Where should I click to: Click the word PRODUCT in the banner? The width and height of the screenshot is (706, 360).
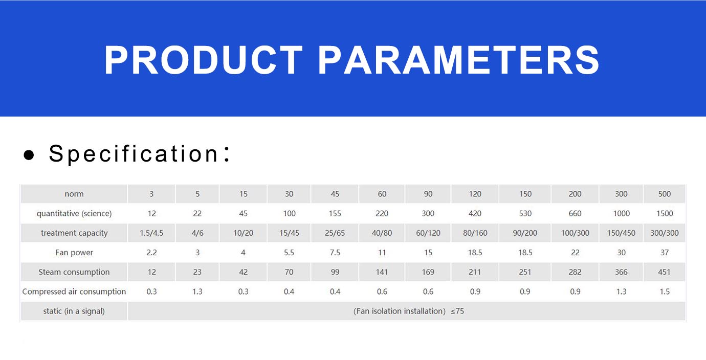point(203,60)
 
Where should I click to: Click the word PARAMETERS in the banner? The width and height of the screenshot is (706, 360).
point(458,60)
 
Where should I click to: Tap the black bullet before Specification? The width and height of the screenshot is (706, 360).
point(29,154)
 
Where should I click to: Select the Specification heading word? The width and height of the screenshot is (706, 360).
point(134,154)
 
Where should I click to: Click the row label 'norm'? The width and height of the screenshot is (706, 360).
point(74,194)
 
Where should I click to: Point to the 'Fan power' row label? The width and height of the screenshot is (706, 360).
point(74,253)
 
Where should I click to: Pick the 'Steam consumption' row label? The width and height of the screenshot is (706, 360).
point(74,272)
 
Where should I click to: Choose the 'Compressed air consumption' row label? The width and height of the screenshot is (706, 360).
point(74,291)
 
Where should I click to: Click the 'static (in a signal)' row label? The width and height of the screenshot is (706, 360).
point(74,311)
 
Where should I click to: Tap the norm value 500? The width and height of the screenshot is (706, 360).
point(665,194)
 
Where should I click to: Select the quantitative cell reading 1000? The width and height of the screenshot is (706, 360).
point(621,214)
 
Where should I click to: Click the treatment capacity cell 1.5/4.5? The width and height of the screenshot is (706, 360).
point(151,233)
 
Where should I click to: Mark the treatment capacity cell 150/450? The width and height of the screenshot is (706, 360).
point(621,233)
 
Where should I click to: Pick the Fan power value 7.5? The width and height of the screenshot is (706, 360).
point(335,253)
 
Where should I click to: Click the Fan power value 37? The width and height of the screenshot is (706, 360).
point(665,253)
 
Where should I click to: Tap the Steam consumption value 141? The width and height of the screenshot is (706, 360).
point(382,272)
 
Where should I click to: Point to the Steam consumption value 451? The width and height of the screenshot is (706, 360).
point(665,272)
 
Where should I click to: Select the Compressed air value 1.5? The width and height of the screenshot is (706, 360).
point(665,291)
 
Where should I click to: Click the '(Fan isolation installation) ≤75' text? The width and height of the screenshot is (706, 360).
point(408,311)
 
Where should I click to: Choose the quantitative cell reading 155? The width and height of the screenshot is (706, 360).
point(335,214)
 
